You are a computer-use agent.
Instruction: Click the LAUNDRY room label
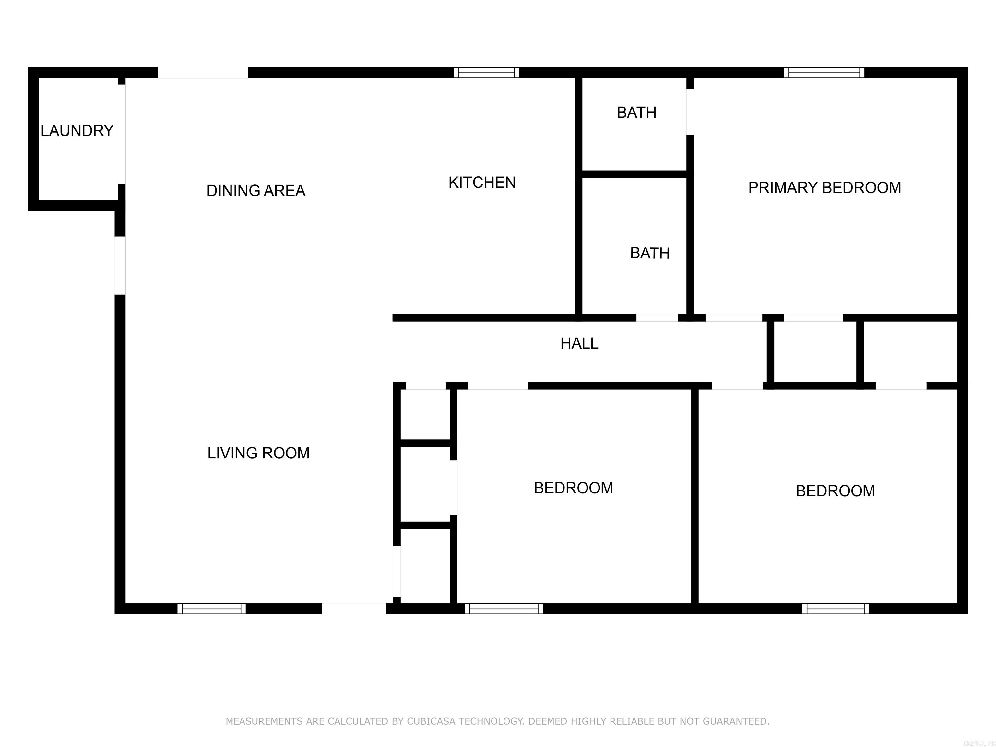click(x=77, y=131)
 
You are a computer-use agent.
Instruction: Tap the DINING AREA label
click(x=256, y=190)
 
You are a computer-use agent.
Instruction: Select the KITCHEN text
click(x=482, y=182)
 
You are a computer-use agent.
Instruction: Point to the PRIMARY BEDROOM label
click(x=824, y=188)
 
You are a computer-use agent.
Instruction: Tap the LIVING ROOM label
click(x=258, y=453)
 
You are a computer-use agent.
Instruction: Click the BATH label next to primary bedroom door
click(x=636, y=113)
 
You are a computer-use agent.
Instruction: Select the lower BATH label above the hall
click(x=650, y=253)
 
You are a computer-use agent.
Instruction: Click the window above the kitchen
click(x=486, y=73)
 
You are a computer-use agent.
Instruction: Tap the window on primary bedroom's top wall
click(x=824, y=73)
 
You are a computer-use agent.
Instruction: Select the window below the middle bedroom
click(x=504, y=609)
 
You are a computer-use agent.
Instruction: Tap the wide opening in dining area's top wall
click(x=203, y=73)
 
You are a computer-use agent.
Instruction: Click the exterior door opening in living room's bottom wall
click(x=354, y=609)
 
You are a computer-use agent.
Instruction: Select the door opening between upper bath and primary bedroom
click(x=690, y=112)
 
